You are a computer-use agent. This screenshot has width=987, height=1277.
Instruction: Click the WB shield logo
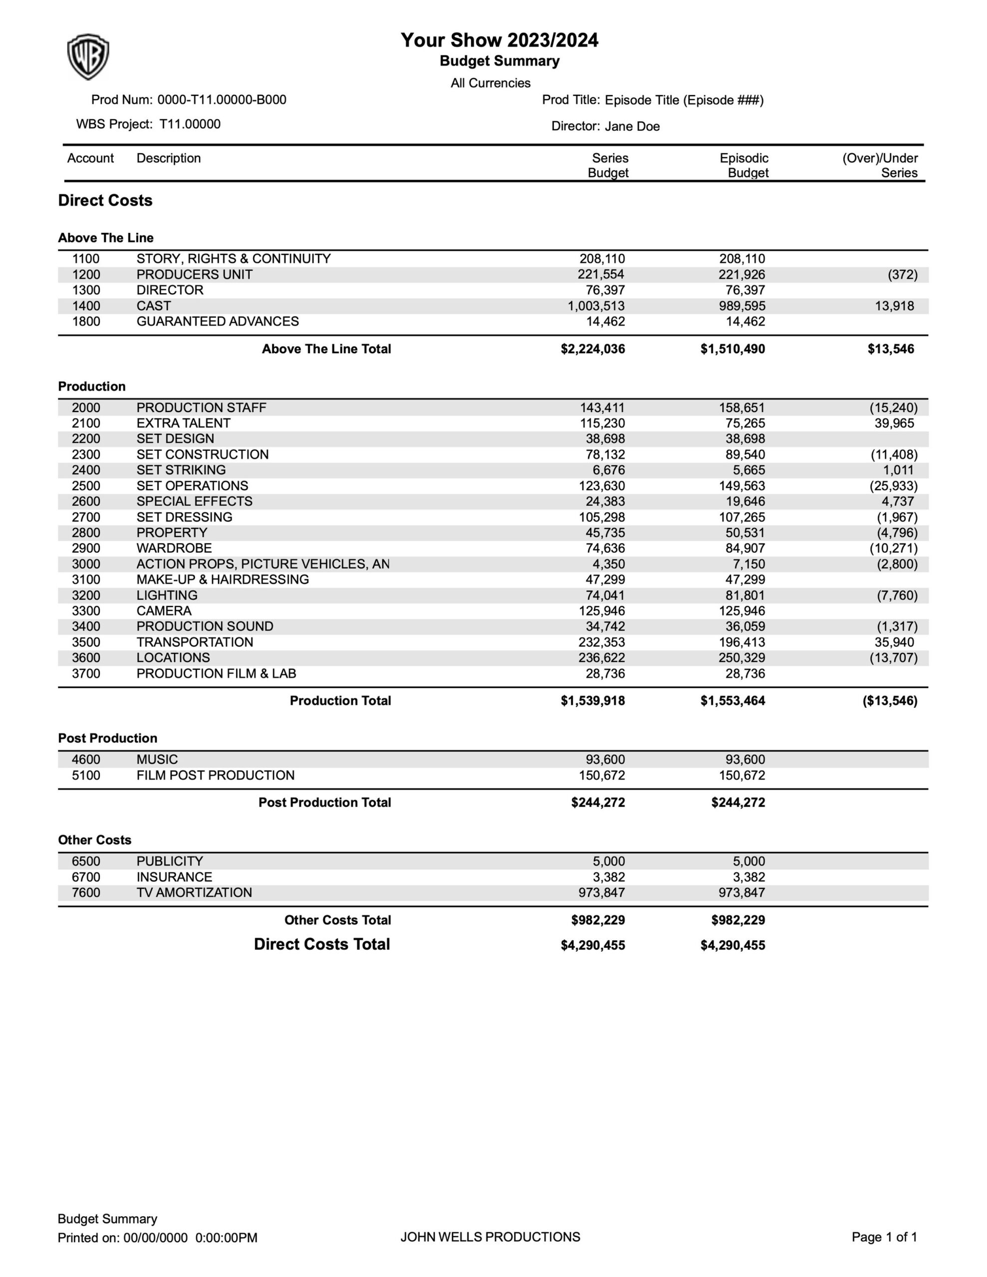88,57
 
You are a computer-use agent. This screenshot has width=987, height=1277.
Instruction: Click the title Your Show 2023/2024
499,40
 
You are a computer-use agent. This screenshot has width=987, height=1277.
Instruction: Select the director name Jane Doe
632,126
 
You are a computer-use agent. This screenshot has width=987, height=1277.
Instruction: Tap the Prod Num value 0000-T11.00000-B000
222,100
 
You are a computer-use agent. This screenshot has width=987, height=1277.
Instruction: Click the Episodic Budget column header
744,166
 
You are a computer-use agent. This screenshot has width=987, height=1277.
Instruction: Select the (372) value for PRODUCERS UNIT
902,275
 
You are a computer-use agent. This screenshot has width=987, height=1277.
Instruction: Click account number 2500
86,486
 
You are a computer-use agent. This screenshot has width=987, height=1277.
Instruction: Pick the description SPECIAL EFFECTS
194,501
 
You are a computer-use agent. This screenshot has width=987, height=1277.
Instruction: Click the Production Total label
340,700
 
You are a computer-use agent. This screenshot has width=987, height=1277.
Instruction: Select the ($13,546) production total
889,700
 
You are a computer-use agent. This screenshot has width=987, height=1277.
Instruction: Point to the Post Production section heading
108,738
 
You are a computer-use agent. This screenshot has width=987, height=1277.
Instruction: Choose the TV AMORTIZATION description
194,892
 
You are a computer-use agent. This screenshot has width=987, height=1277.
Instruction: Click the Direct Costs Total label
322,944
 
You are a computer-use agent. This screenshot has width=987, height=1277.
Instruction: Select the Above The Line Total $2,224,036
593,349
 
